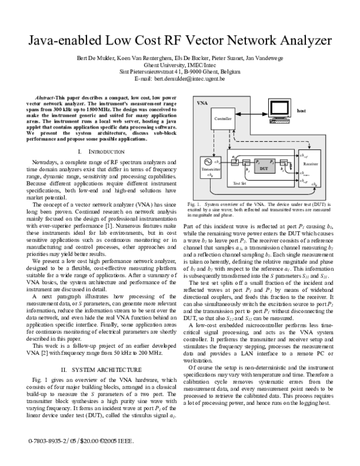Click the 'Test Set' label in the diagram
pyautogui.click(x=240, y=182)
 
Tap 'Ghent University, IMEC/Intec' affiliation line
pyautogui.click(x=179, y=65)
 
